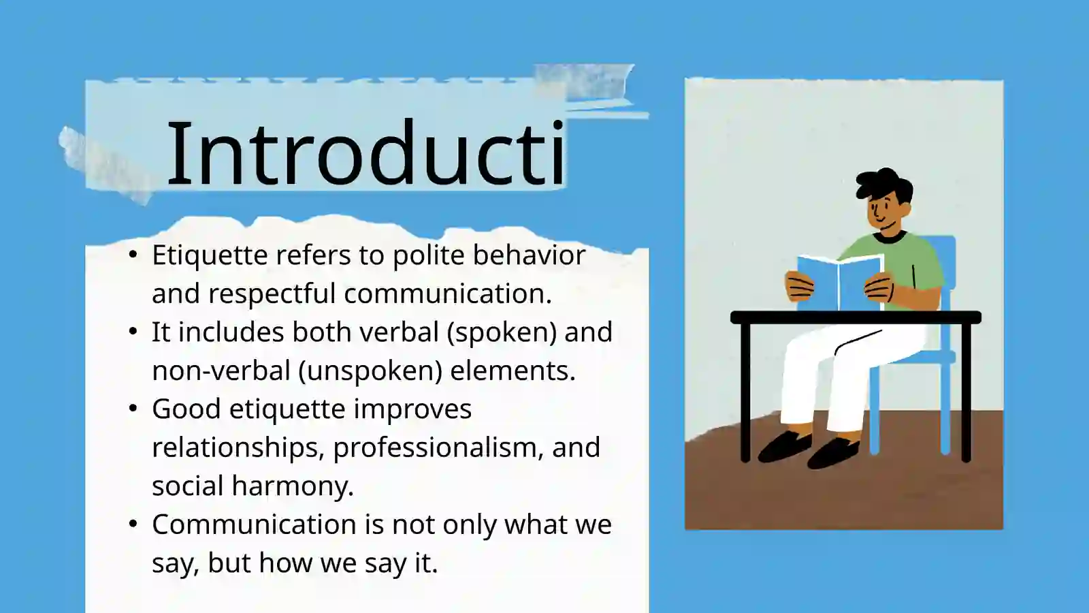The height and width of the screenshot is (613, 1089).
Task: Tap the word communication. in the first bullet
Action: click(x=447, y=294)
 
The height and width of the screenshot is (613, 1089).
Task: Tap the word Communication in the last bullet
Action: click(x=254, y=525)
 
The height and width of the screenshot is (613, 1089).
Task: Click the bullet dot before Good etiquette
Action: click(x=133, y=409)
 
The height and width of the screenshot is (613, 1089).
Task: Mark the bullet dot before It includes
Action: click(x=133, y=332)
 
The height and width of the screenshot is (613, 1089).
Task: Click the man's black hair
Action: click(x=883, y=183)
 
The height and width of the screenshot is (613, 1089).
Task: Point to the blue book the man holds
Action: click(x=839, y=281)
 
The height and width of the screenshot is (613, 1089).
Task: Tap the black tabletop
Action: click(x=855, y=317)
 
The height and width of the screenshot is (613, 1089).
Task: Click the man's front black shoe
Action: click(x=832, y=452)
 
